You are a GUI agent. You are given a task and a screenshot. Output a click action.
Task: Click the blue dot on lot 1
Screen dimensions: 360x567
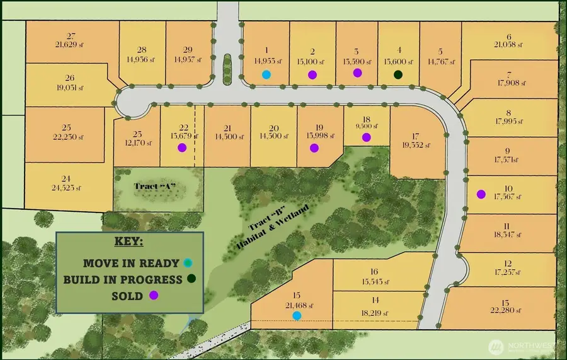point(266,74)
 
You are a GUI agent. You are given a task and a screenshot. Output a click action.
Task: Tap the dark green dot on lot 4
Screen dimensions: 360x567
point(398,74)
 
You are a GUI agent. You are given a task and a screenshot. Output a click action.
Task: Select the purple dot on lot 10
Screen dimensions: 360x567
point(481,194)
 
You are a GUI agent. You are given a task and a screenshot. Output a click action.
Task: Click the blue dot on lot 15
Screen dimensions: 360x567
point(297,315)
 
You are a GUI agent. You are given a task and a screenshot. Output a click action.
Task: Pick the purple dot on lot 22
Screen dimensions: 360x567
point(182,148)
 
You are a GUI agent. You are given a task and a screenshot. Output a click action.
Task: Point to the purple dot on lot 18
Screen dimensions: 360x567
point(367,137)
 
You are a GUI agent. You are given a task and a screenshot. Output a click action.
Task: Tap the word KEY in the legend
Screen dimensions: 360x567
point(129,242)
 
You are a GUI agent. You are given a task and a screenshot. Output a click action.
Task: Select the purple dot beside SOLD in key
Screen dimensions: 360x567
point(153,295)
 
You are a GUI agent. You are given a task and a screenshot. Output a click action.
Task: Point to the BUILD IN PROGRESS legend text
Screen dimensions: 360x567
point(123,279)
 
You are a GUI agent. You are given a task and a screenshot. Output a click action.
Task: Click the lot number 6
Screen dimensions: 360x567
point(508,37)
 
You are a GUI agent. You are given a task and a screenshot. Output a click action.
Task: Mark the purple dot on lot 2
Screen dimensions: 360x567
point(312,74)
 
